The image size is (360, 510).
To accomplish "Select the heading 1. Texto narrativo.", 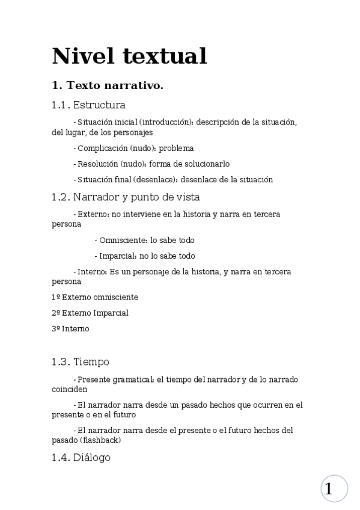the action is click(108, 86).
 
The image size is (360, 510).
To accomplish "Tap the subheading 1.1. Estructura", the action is click(88, 105).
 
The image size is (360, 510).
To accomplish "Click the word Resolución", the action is click(97, 164).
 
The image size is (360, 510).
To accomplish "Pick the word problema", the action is click(176, 148).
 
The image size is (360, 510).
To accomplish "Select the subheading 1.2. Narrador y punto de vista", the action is click(126, 197).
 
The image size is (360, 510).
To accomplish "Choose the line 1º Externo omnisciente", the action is click(95, 297).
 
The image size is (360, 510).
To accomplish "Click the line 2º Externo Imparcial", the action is click(90, 313).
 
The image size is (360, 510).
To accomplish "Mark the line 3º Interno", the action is click(70, 328).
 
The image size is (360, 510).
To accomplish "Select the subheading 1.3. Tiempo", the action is click(81, 361).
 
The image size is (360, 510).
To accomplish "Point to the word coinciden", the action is click(69, 389).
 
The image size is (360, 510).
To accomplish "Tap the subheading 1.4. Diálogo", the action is click(81, 458).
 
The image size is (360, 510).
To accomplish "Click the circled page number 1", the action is click(334, 488).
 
